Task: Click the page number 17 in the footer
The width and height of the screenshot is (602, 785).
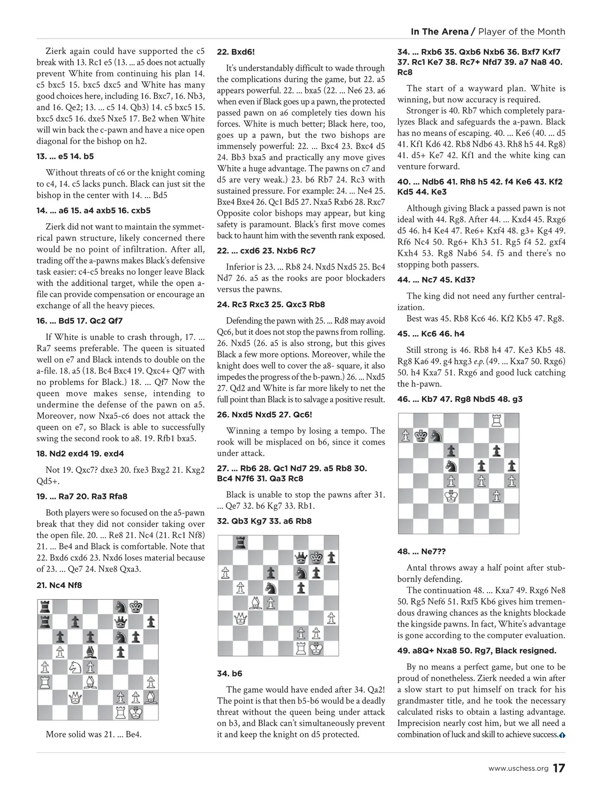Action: pyautogui.click(x=559, y=768)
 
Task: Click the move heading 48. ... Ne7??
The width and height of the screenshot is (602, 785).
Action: pyautogui.click(x=421, y=552)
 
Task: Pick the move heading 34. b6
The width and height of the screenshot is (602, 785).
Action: pyautogui.click(x=229, y=674)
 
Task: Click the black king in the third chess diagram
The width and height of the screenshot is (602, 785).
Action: pyautogui.click(x=421, y=436)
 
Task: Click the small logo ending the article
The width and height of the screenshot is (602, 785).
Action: pyautogui.click(x=562, y=735)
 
